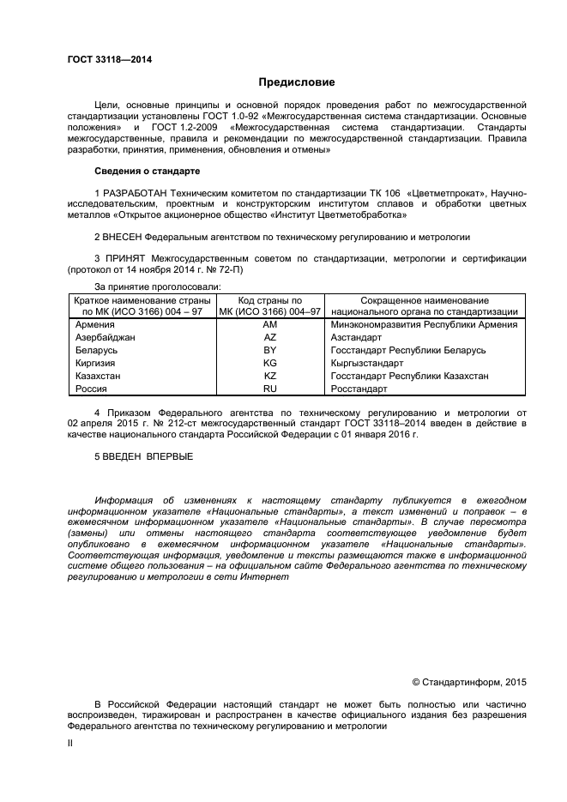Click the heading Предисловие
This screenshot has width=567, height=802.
coord(297,82)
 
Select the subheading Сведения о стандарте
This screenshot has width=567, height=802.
coord(147,171)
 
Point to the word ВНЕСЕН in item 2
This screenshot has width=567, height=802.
coord(122,236)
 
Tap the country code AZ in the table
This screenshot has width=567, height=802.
coord(269,338)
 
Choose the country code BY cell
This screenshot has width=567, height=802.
coord(269,351)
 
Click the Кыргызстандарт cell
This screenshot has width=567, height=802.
coord(366,364)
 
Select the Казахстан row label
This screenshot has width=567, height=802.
coord(98,377)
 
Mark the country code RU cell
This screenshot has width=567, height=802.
coord(269,389)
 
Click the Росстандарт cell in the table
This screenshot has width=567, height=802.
coord(359,389)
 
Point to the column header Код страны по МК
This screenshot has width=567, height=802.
coord(269,301)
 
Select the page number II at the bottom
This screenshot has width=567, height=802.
coord(71,745)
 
